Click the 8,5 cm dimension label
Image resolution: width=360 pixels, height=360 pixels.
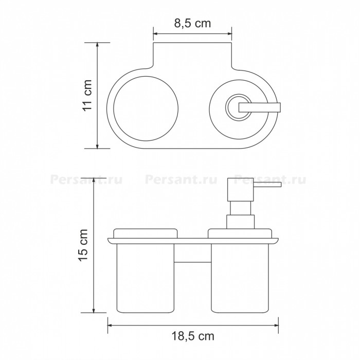(192, 24)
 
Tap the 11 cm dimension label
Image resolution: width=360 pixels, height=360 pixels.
(87, 95)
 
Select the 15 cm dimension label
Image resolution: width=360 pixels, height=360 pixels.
(83, 245)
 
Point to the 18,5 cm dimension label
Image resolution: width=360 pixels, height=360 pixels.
(193, 336)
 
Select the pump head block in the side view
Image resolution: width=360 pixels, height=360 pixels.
(240, 189)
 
